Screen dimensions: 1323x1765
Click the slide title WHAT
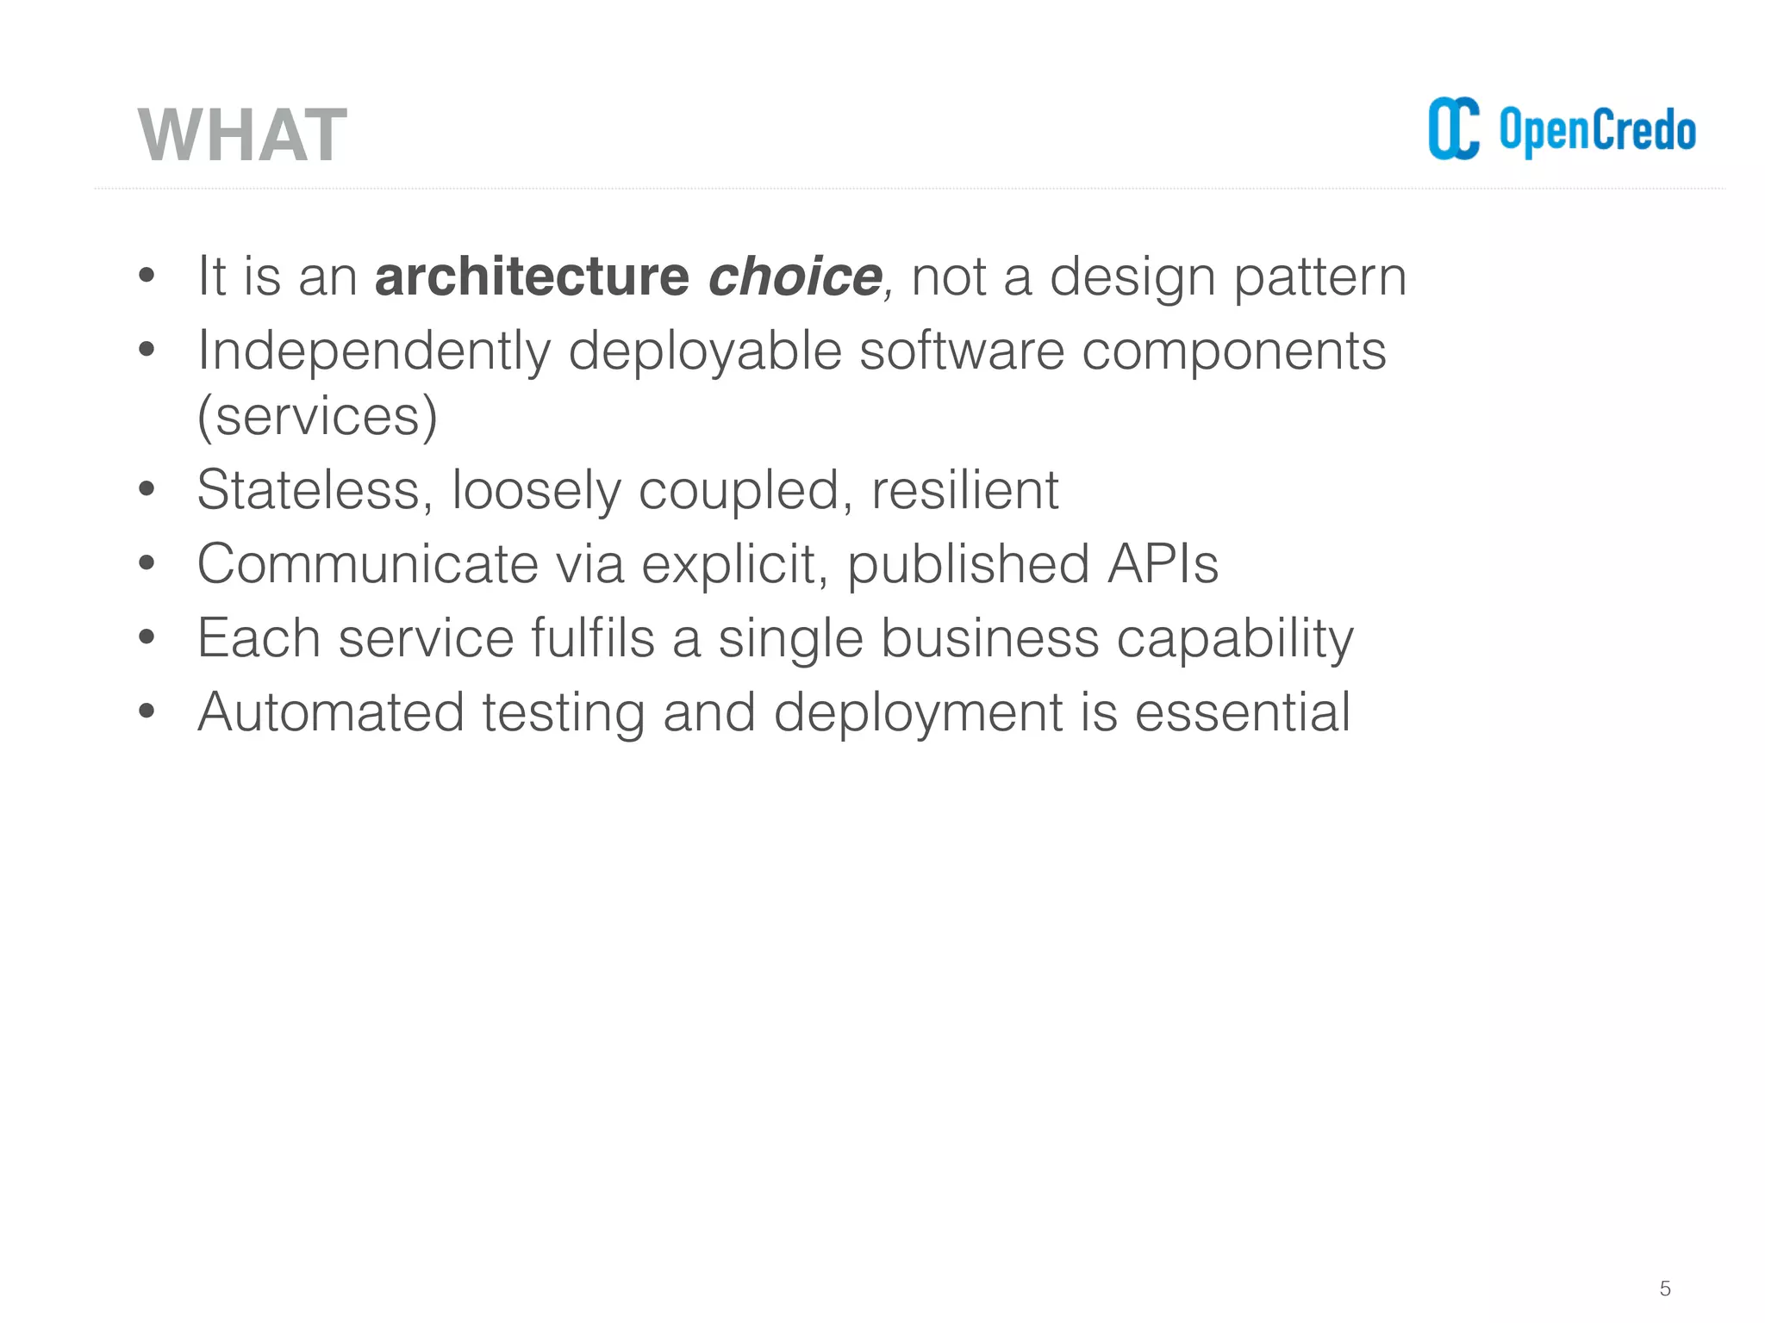(x=242, y=135)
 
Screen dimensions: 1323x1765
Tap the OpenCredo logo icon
(x=1453, y=129)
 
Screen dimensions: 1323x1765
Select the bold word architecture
(x=532, y=276)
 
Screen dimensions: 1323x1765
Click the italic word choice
(x=795, y=276)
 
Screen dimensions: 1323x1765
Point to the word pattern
(x=1319, y=278)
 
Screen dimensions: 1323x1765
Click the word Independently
(x=374, y=351)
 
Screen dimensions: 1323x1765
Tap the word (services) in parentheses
(x=317, y=417)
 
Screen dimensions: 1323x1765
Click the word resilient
(x=964, y=490)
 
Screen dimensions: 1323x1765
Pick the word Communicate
(x=368, y=564)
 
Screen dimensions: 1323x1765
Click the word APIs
(x=1163, y=564)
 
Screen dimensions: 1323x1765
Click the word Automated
(x=331, y=712)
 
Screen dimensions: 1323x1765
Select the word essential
(x=1242, y=712)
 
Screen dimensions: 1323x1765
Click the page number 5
(x=1664, y=1289)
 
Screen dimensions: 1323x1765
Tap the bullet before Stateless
(x=147, y=490)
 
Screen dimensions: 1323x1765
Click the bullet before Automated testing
(x=147, y=712)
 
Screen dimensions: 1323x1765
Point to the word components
(x=1233, y=351)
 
